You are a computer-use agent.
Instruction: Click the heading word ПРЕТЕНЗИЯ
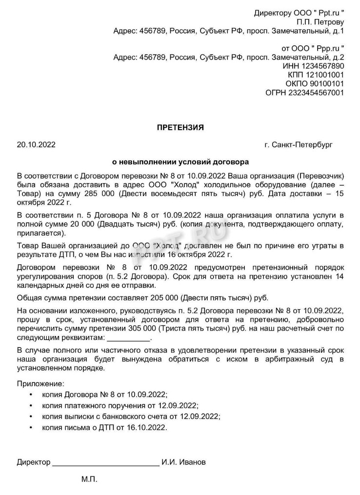[180, 127]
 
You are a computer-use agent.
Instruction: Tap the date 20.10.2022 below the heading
[36, 145]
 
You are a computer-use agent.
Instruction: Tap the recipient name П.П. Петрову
[320, 22]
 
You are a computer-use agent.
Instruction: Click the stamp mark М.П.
[89, 479]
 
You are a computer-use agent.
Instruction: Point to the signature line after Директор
[105, 463]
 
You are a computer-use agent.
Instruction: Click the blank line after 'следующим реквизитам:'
[129, 339]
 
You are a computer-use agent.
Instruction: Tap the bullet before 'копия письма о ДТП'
[31, 428]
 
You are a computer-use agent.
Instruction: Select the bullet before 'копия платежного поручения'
[31, 405]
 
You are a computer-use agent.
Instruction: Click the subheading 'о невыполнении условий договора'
[180, 161]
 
